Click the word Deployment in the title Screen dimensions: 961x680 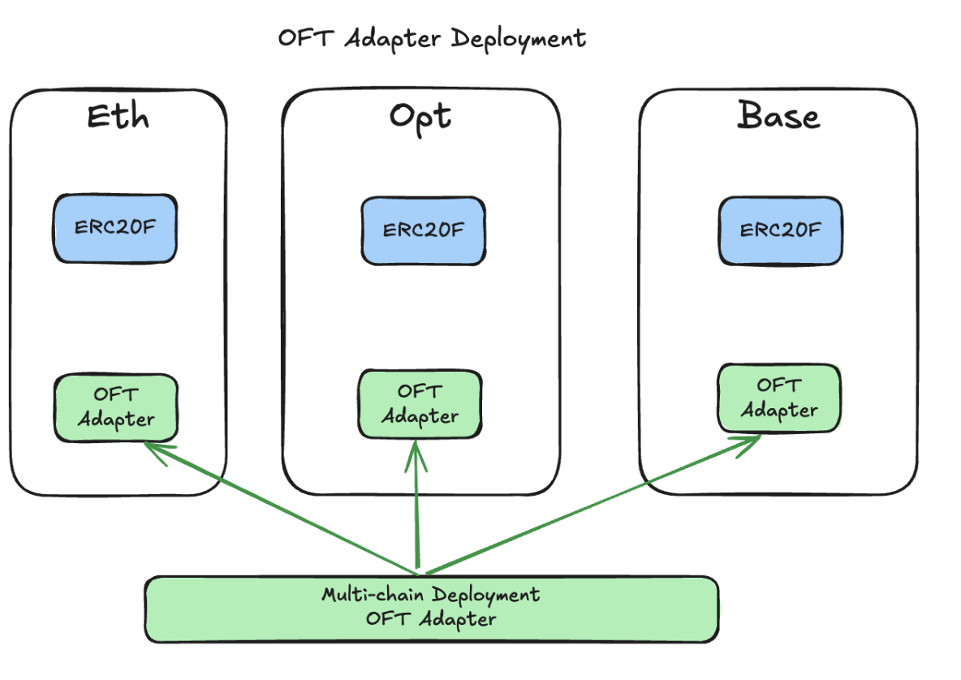point(519,40)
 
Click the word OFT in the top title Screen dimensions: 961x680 point(306,38)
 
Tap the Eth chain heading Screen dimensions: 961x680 point(118,116)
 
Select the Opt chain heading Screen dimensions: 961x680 point(420,118)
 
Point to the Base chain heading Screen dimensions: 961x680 point(778,115)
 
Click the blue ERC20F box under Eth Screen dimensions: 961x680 point(115,229)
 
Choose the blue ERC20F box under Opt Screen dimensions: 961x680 point(424,231)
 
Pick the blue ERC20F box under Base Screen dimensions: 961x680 point(780,231)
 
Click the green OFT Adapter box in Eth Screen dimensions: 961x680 point(116,407)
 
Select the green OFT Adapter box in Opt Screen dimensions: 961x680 point(420,404)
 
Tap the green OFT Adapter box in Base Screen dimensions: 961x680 point(779,398)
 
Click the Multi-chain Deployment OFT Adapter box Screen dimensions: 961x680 point(432,609)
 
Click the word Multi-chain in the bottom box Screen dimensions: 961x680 point(373,594)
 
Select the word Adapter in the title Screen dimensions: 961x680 point(392,39)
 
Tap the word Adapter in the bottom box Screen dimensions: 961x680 point(458,619)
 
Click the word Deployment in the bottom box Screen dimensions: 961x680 point(485,596)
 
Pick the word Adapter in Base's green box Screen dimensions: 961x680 point(779,411)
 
